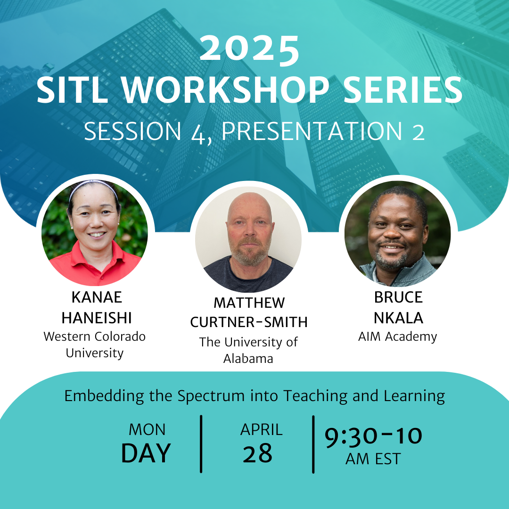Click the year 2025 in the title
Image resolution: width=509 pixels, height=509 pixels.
tap(249, 49)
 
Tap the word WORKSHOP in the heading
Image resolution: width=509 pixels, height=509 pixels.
tap(226, 90)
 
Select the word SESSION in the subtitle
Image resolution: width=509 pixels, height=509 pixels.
tap(132, 131)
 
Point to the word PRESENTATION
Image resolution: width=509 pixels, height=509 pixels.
tap(312, 131)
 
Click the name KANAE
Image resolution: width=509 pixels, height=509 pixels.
tap(97, 297)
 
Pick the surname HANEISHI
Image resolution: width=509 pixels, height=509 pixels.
tap(97, 318)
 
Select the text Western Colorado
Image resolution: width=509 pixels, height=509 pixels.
tap(94, 337)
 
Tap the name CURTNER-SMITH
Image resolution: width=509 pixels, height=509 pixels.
tap(249, 322)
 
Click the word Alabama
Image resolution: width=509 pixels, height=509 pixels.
tap(248, 359)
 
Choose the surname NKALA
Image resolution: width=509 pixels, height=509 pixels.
tap(398, 318)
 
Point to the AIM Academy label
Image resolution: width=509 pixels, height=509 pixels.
tap(398, 337)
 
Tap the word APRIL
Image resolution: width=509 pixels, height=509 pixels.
tap(261, 430)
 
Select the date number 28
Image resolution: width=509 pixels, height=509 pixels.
tap(257, 453)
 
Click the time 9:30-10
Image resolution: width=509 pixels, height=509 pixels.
tap(373, 436)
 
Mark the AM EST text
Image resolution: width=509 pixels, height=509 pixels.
tap(373, 459)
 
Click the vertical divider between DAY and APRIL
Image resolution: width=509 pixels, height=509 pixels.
tap(201, 444)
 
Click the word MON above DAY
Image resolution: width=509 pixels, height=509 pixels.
tap(147, 430)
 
